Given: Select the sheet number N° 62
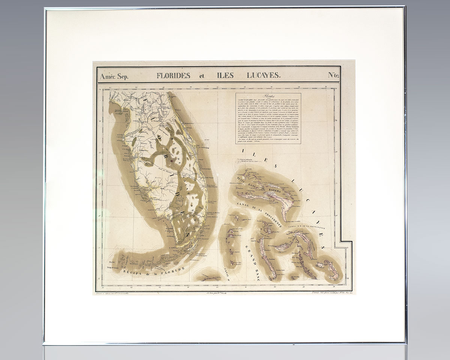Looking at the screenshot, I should pos(333,75).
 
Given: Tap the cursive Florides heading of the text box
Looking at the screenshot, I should pos(269,96).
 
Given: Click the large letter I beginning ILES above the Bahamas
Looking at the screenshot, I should pos(244,151).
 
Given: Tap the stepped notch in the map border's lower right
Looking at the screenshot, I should pos(340,240).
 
